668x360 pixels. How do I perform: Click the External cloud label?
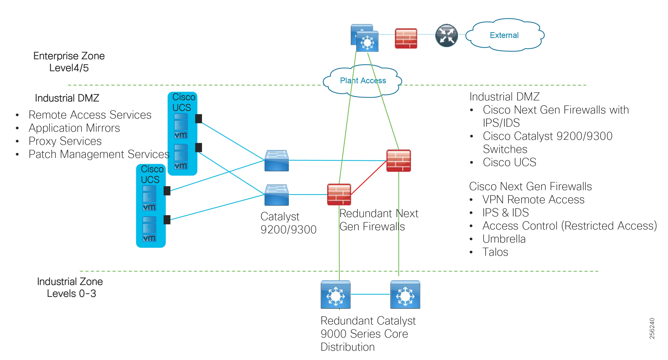point(504,35)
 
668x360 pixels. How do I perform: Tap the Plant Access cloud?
point(362,81)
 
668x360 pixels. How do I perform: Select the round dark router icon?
point(446,36)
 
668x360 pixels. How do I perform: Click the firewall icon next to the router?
point(406,38)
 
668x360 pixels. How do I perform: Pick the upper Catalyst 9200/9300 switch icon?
point(276,161)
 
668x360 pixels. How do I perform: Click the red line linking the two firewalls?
point(368,178)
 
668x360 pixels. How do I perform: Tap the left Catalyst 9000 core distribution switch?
point(335,294)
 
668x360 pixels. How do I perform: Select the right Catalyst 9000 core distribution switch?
point(405,294)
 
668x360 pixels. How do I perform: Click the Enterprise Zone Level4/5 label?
point(69,62)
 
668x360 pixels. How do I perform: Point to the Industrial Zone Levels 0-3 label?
point(70,287)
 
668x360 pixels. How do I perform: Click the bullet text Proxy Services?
point(65,141)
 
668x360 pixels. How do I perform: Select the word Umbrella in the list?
point(504,239)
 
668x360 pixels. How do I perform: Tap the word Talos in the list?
point(495,252)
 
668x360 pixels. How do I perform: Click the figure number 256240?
point(652,328)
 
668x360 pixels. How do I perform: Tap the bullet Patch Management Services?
point(99,154)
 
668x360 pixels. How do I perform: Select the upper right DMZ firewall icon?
point(398,161)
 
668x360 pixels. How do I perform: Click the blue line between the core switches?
point(370,294)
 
